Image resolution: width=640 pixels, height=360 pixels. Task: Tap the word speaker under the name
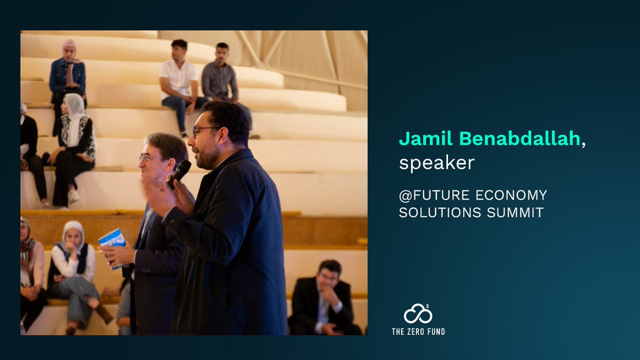[436, 163]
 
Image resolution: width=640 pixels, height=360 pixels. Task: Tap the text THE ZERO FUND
[418, 332]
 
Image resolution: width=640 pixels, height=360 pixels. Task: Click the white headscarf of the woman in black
[75, 112]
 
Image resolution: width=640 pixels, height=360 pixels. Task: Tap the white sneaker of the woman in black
[74, 196]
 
